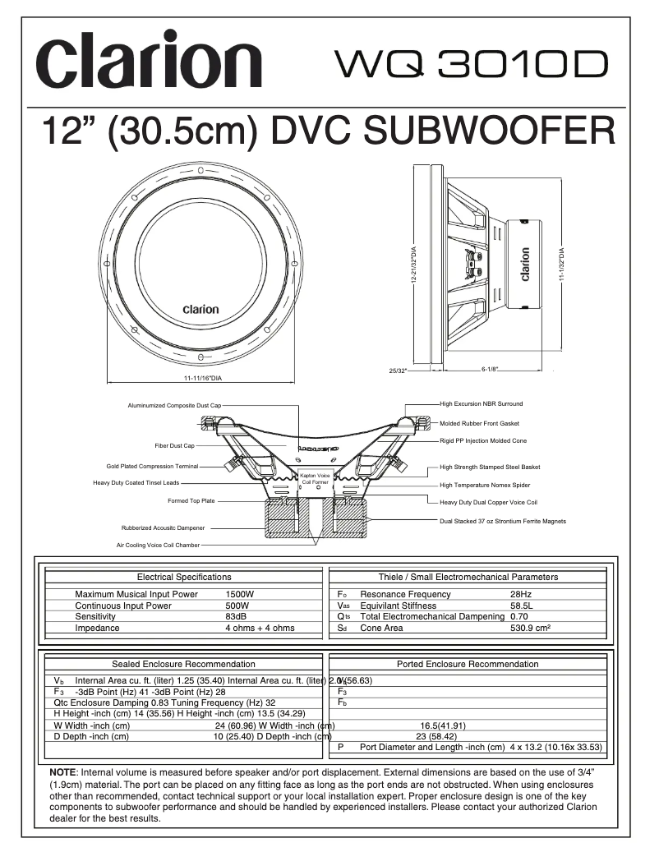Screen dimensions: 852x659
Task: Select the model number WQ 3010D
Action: point(472,64)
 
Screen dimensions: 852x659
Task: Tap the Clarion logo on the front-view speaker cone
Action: point(200,310)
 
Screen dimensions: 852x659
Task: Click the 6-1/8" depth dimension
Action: point(491,370)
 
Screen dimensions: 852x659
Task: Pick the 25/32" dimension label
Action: point(397,371)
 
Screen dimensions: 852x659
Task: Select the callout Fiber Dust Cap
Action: point(174,445)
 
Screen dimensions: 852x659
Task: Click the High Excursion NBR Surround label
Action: point(481,403)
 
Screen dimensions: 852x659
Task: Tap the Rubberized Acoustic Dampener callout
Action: point(163,527)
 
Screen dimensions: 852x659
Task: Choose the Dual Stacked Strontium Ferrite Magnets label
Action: point(502,521)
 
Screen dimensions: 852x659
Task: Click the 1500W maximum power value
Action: point(239,594)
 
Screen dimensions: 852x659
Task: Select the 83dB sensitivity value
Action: point(236,616)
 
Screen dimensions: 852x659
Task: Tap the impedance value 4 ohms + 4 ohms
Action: point(260,628)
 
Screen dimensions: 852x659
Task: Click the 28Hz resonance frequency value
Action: point(521,594)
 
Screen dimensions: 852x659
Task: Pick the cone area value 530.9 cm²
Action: point(530,628)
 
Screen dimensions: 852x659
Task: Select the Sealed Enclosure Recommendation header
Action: point(183,664)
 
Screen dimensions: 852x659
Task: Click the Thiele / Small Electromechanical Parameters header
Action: point(468,577)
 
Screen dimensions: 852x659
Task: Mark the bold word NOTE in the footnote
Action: point(62,773)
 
